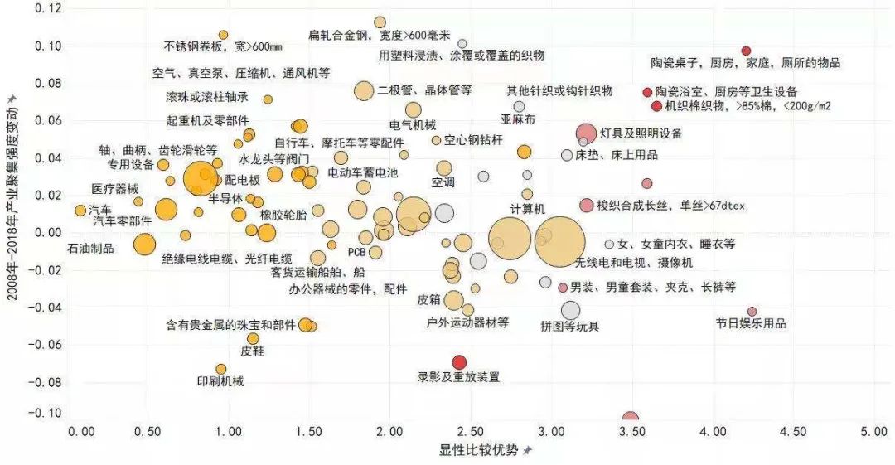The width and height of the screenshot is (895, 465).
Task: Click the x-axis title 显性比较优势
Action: click(479, 450)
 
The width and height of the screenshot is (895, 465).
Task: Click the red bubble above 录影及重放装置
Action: click(459, 361)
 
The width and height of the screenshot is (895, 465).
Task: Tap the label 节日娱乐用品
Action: click(751, 323)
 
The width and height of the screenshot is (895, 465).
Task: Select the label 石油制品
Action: click(90, 248)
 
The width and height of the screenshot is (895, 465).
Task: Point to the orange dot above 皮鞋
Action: click(253, 338)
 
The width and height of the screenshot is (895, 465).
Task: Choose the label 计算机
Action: click(527, 207)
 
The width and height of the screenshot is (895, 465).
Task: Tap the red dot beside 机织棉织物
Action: click(656, 106)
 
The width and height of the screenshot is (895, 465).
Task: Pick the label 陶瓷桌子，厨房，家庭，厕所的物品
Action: click(745, 63)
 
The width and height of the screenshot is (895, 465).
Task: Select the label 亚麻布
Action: click(518, 119)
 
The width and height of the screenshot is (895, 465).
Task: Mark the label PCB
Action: click(357, 251)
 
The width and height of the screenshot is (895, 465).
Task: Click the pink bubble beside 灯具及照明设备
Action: click(586, 133)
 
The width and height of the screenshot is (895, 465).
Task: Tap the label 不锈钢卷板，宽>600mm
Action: click(223, 46)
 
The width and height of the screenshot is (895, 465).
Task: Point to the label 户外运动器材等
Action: click(467, 322)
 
